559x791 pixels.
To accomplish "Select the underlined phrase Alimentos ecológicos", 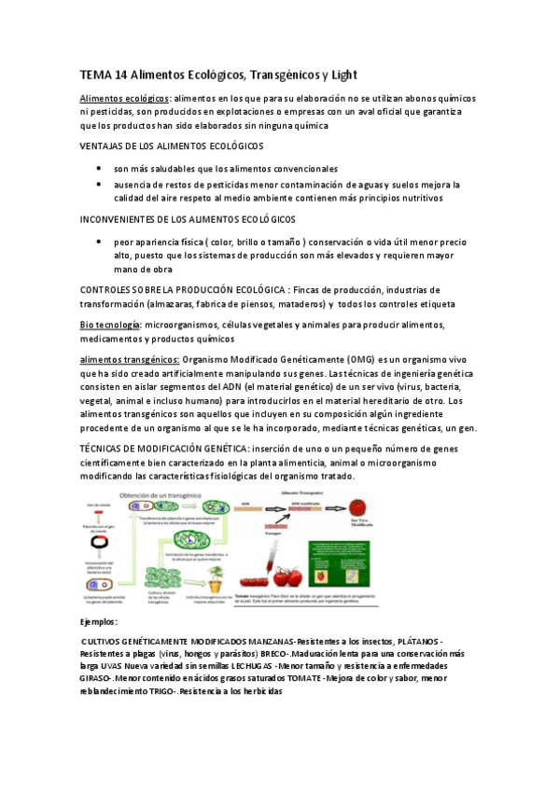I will click(x=124, y=99).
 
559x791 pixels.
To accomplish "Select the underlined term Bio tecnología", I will click(x=110, y=325).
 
